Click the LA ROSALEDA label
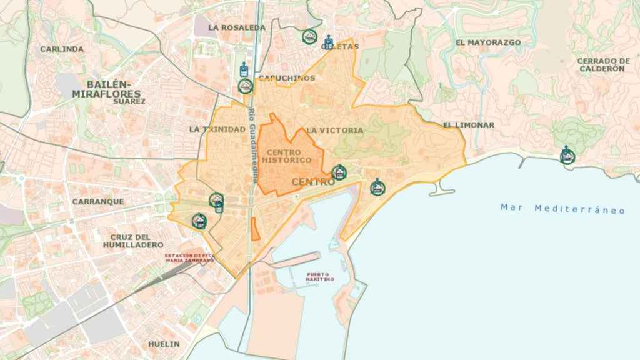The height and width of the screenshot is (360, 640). [x=237, y=27]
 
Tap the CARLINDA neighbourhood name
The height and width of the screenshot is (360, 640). [x=62, y=49]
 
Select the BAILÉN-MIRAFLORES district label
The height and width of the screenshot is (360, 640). [x=106, y=89]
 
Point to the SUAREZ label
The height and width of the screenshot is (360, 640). [x=130, y=101]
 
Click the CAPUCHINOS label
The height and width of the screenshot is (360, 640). [x=287, y=78]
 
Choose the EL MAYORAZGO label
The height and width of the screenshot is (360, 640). [x=488, y=42]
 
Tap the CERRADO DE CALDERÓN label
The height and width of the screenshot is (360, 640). [x=601, y=64]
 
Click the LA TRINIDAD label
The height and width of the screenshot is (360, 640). [x=217, y=129]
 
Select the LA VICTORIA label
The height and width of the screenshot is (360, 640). [x=334, y=131]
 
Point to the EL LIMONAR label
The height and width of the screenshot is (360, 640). [x=469, y=125]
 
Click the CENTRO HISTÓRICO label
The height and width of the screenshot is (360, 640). [x=288, y=156]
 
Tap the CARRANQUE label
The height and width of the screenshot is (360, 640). [x=98, y=202]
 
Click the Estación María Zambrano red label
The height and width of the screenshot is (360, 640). [x=188, y=258]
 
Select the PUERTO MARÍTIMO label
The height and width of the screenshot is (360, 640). [x=320, y=277]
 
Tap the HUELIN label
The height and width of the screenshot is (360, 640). [x=164, y=344]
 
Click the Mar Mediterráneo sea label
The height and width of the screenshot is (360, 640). [x=562, y=209]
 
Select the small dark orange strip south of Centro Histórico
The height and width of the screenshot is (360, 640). [x=255, y=229]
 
